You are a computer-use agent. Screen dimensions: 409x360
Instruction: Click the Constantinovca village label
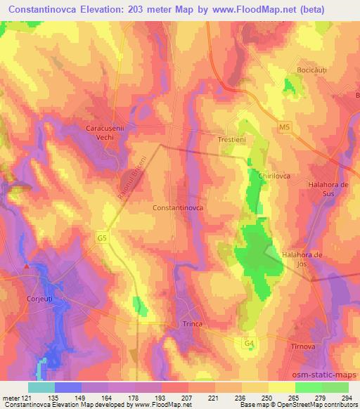[x=179, y=209]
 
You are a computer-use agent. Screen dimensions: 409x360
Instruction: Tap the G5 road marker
[x=103, y=239]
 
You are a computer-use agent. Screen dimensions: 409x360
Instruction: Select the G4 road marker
[x=249, y=342]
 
